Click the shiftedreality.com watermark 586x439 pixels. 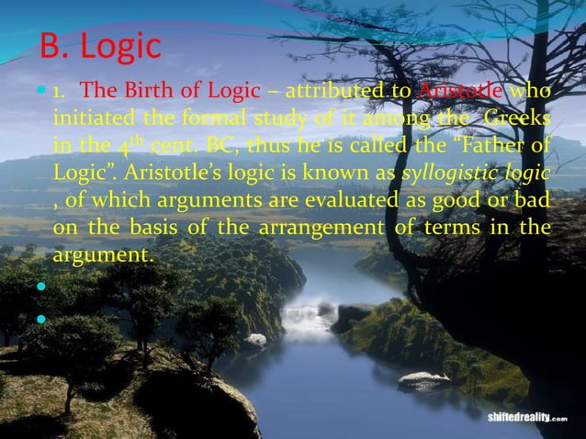tap(533, 417)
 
